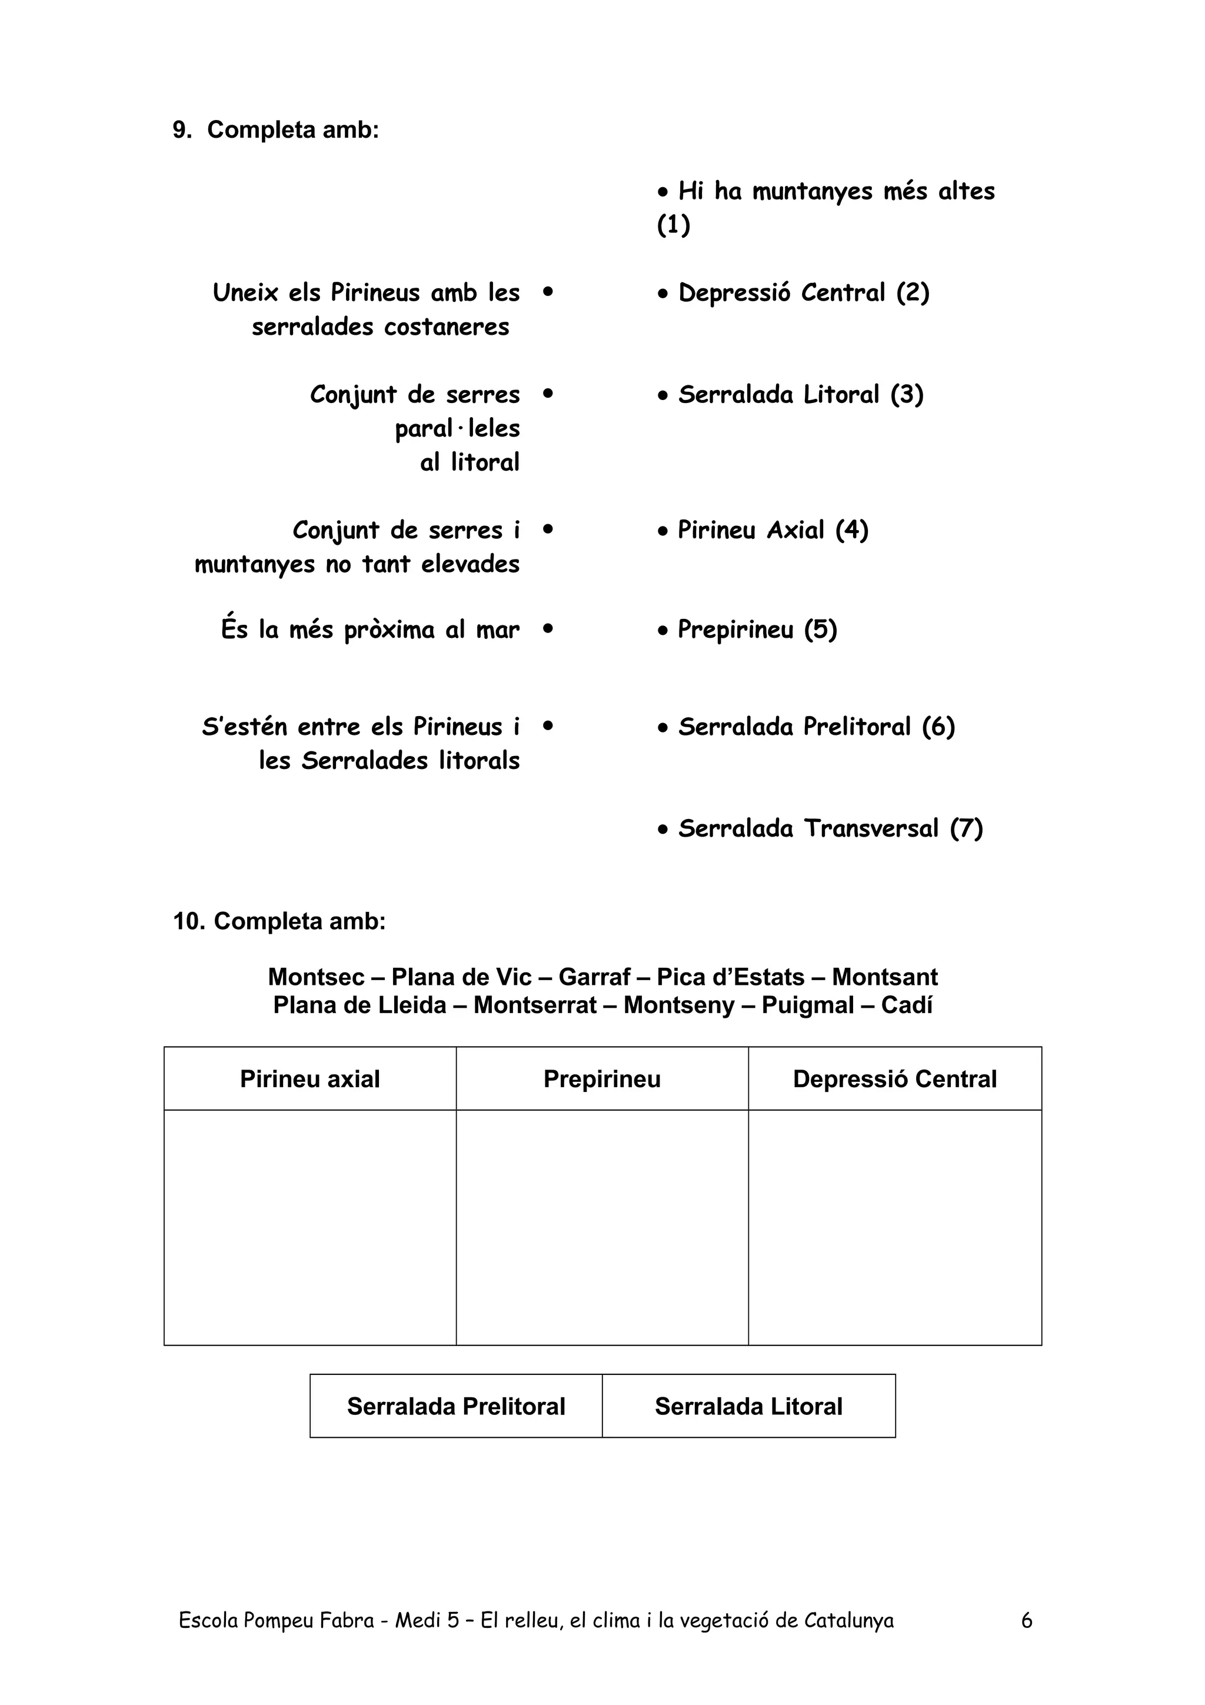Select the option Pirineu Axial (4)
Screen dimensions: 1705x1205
click(772, 530)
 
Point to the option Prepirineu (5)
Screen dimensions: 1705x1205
click(757, 630)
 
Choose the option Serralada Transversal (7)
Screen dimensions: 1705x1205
click(830, 828)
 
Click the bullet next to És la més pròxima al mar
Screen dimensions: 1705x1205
click(548, 628)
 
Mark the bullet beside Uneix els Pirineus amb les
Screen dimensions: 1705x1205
click(548, 292)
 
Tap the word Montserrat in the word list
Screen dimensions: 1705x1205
click(535, 1005)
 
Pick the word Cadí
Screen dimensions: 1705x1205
click(907, 1005)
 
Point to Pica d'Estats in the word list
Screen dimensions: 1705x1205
click(731, 977)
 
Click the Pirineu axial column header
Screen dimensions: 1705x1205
click(309, 1078)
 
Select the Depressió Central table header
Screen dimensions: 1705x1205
click(895, 1078)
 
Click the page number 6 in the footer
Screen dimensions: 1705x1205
click(1027, 1620)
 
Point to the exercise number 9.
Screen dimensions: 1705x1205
click(181, 130)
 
